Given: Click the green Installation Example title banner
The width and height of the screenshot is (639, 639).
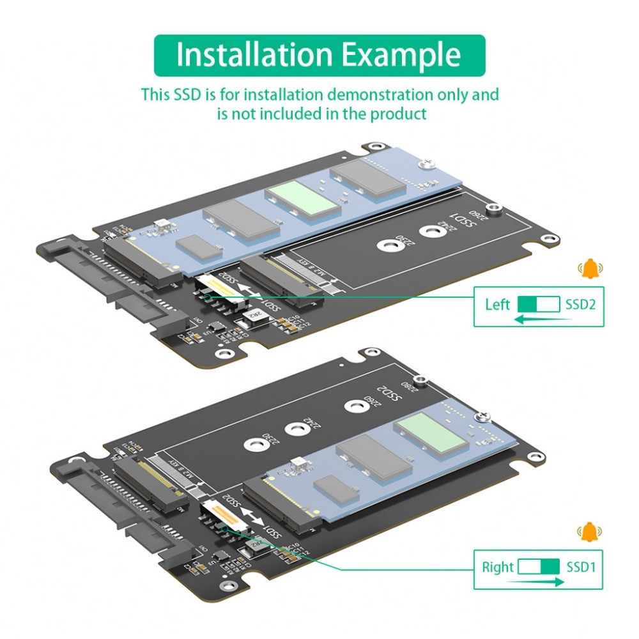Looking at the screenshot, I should pos(319,55).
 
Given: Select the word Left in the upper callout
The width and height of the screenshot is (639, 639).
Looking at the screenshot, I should pos(497,305).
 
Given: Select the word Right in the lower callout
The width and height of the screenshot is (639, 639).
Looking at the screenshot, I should pos(498,567).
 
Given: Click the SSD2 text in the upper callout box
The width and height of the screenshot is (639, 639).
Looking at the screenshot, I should pos(580,305).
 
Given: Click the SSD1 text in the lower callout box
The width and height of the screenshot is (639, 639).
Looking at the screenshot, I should pos(581,567).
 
